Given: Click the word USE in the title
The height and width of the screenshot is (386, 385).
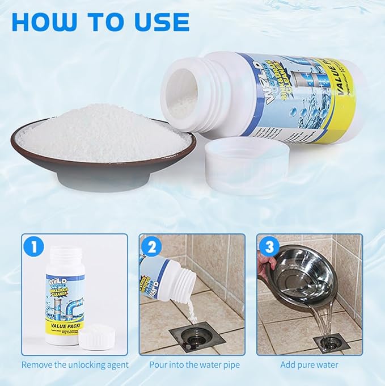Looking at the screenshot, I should click(160, 22).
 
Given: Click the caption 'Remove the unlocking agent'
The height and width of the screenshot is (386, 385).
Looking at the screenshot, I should click(75, 365).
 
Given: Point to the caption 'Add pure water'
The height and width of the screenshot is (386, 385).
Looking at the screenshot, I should click(310, 365).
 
